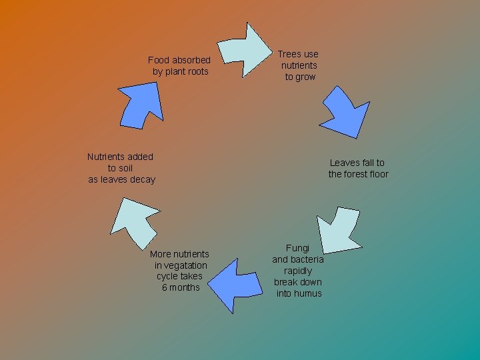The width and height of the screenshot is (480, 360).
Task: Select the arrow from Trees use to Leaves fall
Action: pos(345,111)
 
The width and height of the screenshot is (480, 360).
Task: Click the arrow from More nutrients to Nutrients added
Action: pos(133,217)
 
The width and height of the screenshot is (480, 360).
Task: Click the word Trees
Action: pos(289,54)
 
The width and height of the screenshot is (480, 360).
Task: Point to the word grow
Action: pos(306,77)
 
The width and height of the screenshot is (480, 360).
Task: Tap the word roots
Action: pos(197,71)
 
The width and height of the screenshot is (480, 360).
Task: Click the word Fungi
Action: pos(297,248)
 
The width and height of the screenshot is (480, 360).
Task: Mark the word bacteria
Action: pos(307,259)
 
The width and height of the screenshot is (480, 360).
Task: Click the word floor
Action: pos(375,174)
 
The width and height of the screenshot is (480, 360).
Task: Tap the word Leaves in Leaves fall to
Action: pos(345,163)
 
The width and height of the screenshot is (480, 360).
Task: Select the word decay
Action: pos(143,179)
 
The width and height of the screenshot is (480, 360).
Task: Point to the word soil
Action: pos(126,168)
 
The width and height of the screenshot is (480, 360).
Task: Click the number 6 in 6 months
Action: pos(164,287)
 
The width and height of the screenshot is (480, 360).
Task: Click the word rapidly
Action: pos(298,271)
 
